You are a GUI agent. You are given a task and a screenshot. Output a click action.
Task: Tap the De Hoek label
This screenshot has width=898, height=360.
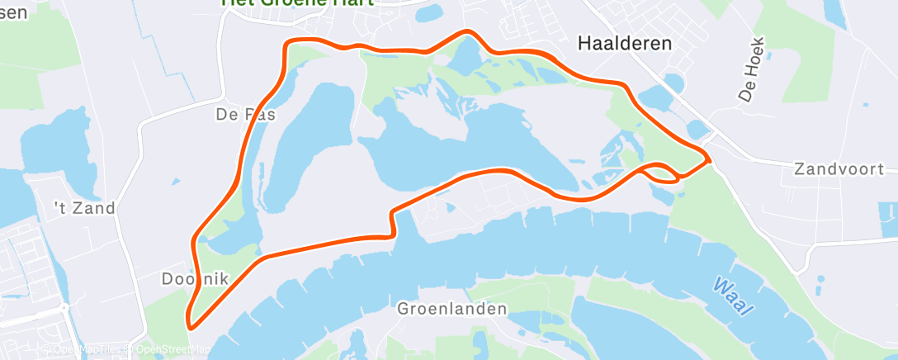coord(753,69)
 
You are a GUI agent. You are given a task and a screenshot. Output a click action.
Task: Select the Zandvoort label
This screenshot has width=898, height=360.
coord(839,168)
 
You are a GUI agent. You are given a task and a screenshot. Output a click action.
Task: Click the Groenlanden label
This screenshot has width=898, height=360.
coord(452,310)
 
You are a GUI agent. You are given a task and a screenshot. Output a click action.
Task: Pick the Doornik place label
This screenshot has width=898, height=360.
coord(194,278)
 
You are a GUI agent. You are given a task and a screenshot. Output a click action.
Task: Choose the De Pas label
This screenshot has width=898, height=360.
coord(245,115)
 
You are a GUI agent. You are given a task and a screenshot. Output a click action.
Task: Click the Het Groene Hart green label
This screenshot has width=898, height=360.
coord(297,2)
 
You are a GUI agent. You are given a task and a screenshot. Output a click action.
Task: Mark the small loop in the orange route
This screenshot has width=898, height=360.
coord(661,172)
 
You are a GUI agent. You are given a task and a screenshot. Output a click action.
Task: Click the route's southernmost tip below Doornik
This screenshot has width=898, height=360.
coord(191,327)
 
